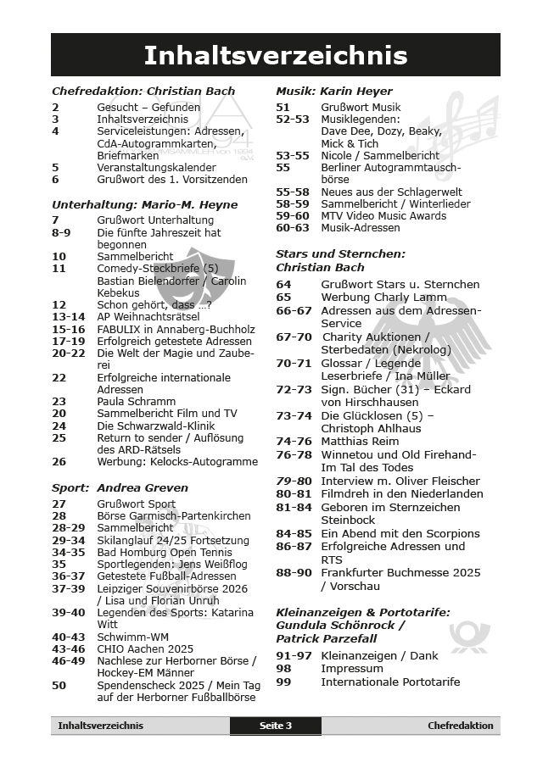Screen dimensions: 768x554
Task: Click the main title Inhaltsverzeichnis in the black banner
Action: coord(276,56)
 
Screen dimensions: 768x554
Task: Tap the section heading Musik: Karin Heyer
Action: coord(334,91)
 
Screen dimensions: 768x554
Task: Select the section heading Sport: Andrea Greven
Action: coord(120,487)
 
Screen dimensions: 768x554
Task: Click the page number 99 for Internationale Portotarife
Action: coord(283,682)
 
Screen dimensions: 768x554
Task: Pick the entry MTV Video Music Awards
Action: coord(383,215)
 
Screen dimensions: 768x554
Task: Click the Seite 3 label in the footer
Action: coord(276,726)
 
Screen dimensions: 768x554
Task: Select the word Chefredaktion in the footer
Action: coord(460,726)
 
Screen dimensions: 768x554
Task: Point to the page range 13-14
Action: coord(69,316)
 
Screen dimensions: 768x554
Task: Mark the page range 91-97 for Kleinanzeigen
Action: coord(294,655)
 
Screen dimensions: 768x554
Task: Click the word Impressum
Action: coord(352,668)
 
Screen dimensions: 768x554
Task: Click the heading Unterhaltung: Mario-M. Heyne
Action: coord(144,204)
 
